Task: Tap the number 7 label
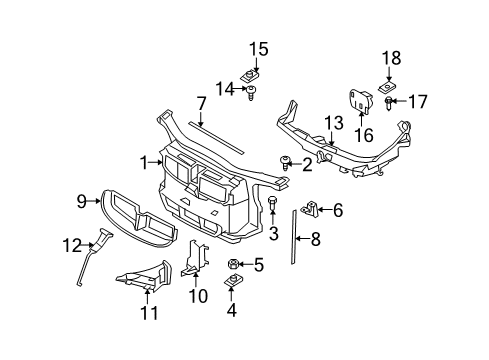pos(201,103)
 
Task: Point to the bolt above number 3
pos(273,203)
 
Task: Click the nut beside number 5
pos(233,265)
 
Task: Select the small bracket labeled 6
pos(311,209)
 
